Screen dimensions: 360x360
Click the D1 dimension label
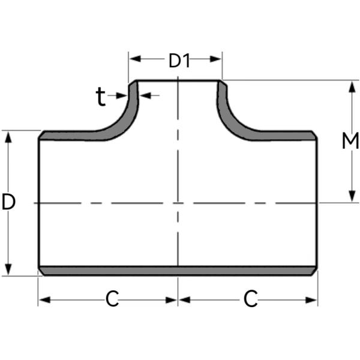point(178,61)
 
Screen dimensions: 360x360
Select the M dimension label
point(350,142)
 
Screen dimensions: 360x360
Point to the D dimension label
point(8,203)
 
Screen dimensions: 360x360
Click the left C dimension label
point(112,298)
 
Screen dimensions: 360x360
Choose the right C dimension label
point(251,298)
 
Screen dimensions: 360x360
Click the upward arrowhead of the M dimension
point(350,86)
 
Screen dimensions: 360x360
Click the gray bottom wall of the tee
point(178,271)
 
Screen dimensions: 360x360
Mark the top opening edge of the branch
point(178,80)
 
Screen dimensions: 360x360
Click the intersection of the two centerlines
point(178,203)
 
